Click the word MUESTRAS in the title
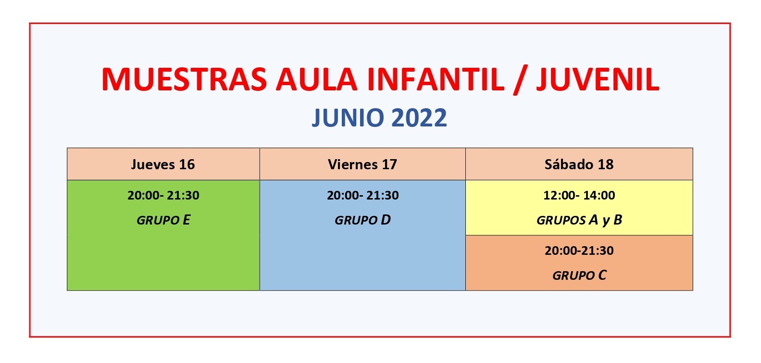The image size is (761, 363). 184,79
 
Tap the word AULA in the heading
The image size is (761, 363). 316,79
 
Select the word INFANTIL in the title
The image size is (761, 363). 435,79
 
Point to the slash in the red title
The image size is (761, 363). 520,80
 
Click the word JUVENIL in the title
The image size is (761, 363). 598,79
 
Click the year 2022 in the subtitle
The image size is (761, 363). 419,118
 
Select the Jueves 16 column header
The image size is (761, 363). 163,164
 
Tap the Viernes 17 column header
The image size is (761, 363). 362,164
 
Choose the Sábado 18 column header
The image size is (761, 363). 579,164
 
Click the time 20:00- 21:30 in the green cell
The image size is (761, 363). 163,195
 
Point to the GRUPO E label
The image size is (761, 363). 163,220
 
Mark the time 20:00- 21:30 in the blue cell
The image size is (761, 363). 363,195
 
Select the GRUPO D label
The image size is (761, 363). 363,220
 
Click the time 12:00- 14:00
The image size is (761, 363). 579,195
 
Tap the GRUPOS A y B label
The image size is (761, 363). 579,220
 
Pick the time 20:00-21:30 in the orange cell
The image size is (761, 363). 579,251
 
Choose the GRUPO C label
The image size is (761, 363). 579,275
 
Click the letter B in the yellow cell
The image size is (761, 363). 618,220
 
